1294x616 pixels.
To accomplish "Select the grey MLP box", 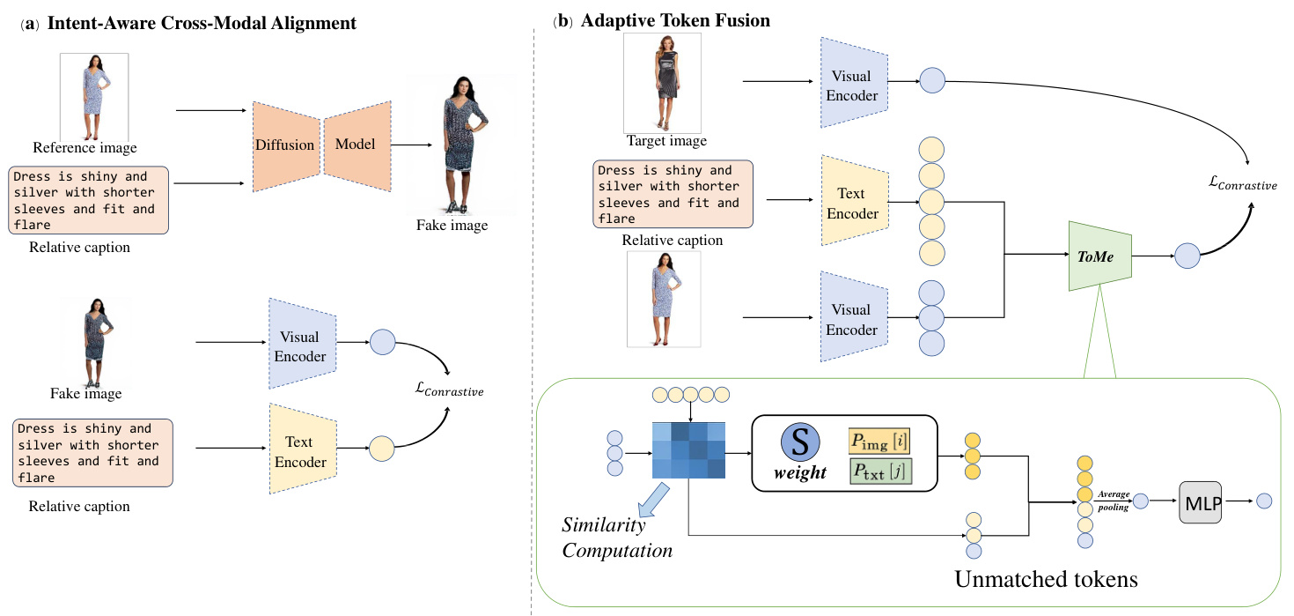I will click(x=1201, y=501).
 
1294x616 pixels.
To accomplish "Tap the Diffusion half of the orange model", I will click(x=285, y=145).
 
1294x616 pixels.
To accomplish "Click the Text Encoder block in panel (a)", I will click(x=298, y=450).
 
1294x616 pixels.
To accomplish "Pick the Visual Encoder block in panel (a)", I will click(x=298, y=345).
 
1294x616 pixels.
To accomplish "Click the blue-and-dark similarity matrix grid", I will click(x=688, y=449).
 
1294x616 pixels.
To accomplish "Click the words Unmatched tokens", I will click(x=1046, y=579).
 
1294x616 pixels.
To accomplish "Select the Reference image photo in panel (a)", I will click(x=93, y=96).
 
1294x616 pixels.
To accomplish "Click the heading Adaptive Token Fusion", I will click(x=675, y=21).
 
